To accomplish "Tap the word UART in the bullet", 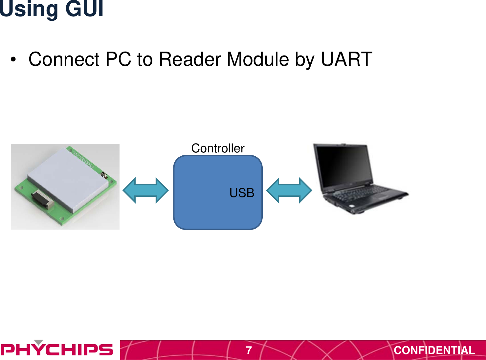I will pyautogui.click(x=346, y=59).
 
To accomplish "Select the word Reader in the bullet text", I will pyautogui.click(x=190, y=59).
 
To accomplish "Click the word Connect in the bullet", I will pyautogui.click(x=64, y=59).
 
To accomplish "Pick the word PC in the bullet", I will pyautogui.click(x=118, y=59).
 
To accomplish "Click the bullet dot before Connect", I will pyautogui.click(x=13, y=60).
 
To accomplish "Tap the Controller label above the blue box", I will pyautogui.click(x=218, y=148).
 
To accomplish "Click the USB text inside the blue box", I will pyautogui.click(x=242, y=193).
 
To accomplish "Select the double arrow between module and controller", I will pyautogui.click(x=145, y=191).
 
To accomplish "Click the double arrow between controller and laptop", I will pyautogui.click(x=289, y=191).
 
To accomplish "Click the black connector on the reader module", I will pyautogui.click(x=43, y=199).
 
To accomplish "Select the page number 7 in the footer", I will pyautogui.click(x=249, y=350).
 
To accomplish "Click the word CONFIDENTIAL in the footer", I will pyautogui.click(x=434, y=350).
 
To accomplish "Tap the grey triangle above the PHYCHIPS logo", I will pyautogui.click(x=39, y=342).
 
